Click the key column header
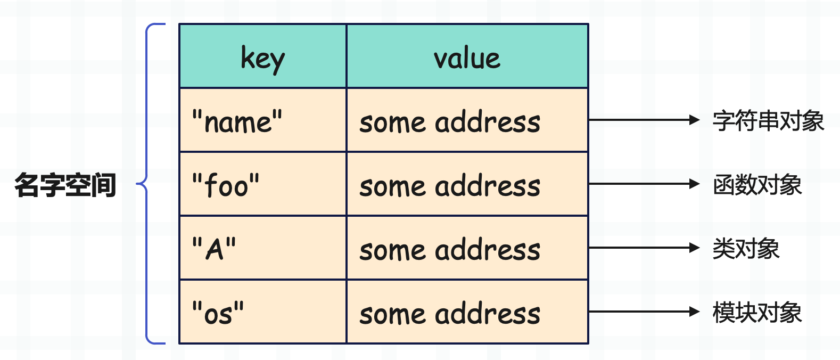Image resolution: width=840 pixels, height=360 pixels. pyautogui.click(x=263, y=56)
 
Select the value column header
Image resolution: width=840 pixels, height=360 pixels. pyautogui.click(x=467, y=56)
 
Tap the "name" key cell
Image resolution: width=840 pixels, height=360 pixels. pyautogui.click(x=263, y=120)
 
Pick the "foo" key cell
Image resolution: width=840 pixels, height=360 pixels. pyautogui.click(x=263, y=184)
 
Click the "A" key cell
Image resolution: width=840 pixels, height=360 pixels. pyautogui.click(x=263, y=248)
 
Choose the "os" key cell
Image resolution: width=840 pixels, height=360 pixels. pyautogui.click(x=263, y=312)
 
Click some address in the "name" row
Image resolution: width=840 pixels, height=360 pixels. pyautogui.click(x=450, y=122)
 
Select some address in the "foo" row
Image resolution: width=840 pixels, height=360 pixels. pyautogui.click(x=450, y=186)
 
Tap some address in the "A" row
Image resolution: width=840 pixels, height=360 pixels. pyautogui.click(x=450, y=250)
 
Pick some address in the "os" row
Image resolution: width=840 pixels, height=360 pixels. pyautogui.click(x=450, y=314)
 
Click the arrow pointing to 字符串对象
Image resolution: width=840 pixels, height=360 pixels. pyautogui.click(x=644, y=120)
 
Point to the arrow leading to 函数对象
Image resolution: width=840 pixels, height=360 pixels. pyautogui.click(x=644, y=184)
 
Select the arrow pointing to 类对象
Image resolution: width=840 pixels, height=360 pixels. pyautogui.click(x=644, y=248)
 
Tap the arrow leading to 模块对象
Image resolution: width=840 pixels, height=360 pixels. pyautogui.click(x=644, y=312)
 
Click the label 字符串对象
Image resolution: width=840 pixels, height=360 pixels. pyautogui.click(x=768, y=121)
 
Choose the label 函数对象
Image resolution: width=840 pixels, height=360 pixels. pyautogui.click(x=757, y=184)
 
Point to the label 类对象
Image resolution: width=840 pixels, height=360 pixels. pyautogui.click(x=746, y=248)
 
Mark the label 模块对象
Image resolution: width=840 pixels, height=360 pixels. pyautogui.click(x=757, y=313)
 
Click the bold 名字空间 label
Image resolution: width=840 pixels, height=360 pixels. pyautogui.click(x=65, y=184)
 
